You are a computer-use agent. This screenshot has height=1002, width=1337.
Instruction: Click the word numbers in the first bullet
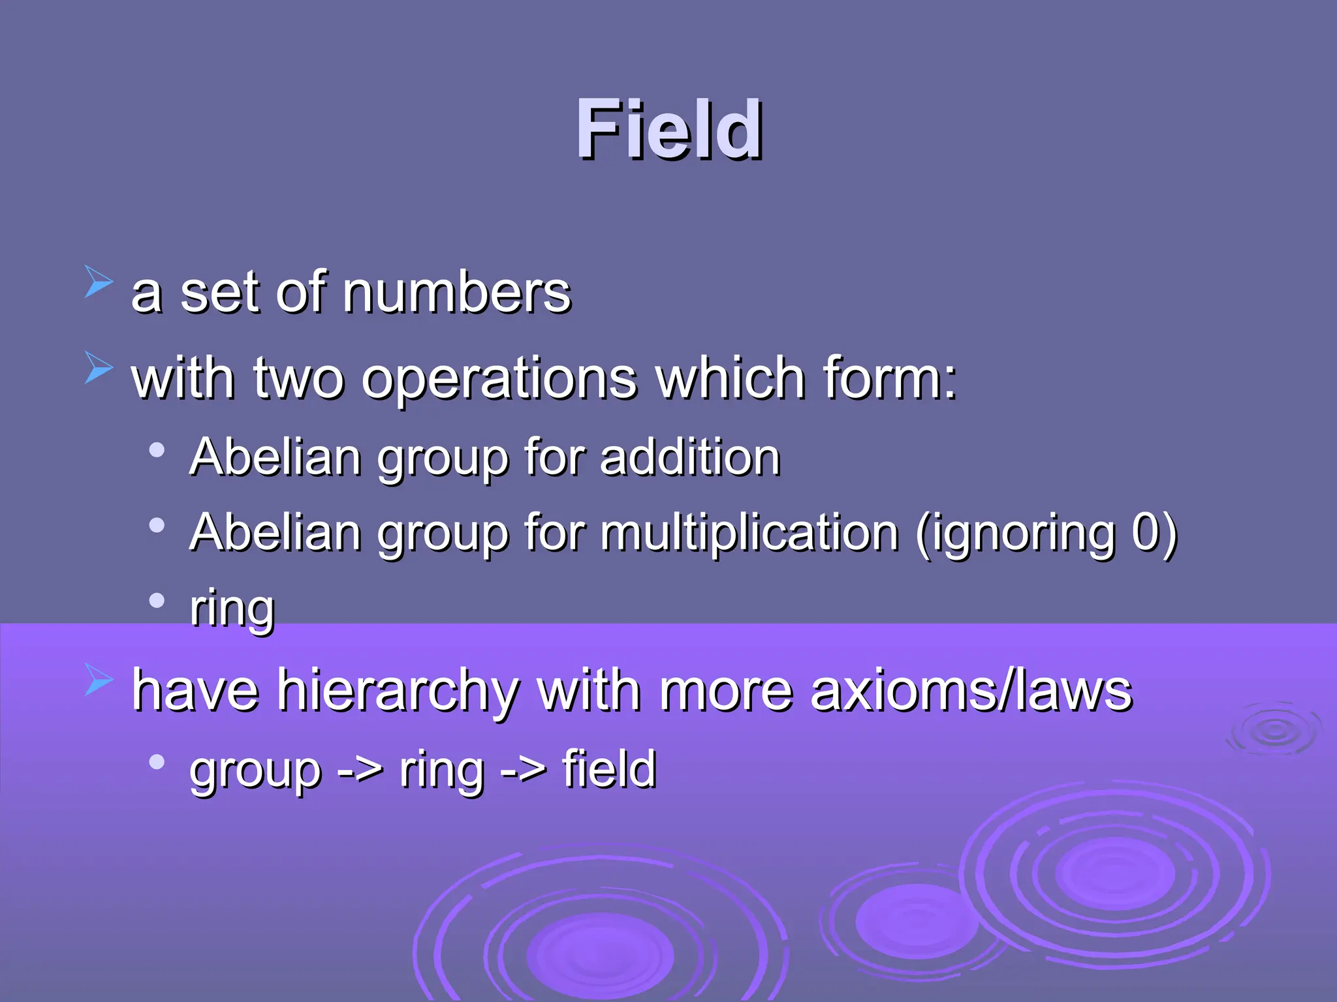(x=456, y=293)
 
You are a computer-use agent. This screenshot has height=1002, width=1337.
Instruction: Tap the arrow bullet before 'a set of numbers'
(x=99, y=281)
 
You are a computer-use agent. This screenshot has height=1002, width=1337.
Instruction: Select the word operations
(x=499, y=379)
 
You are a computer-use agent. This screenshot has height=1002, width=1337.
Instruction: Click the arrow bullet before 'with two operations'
(x=99, y=367)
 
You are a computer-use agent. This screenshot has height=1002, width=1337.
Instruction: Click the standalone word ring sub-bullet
(x=232, y=609)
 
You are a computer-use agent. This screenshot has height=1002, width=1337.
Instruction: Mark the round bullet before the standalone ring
(x=157, y=600)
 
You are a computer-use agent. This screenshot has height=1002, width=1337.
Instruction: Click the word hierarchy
(x=398, y=691)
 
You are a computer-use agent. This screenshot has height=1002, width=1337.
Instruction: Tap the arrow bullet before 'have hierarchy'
(x=99, y=679)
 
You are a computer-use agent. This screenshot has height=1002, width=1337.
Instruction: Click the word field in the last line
(x=608, y=769)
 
